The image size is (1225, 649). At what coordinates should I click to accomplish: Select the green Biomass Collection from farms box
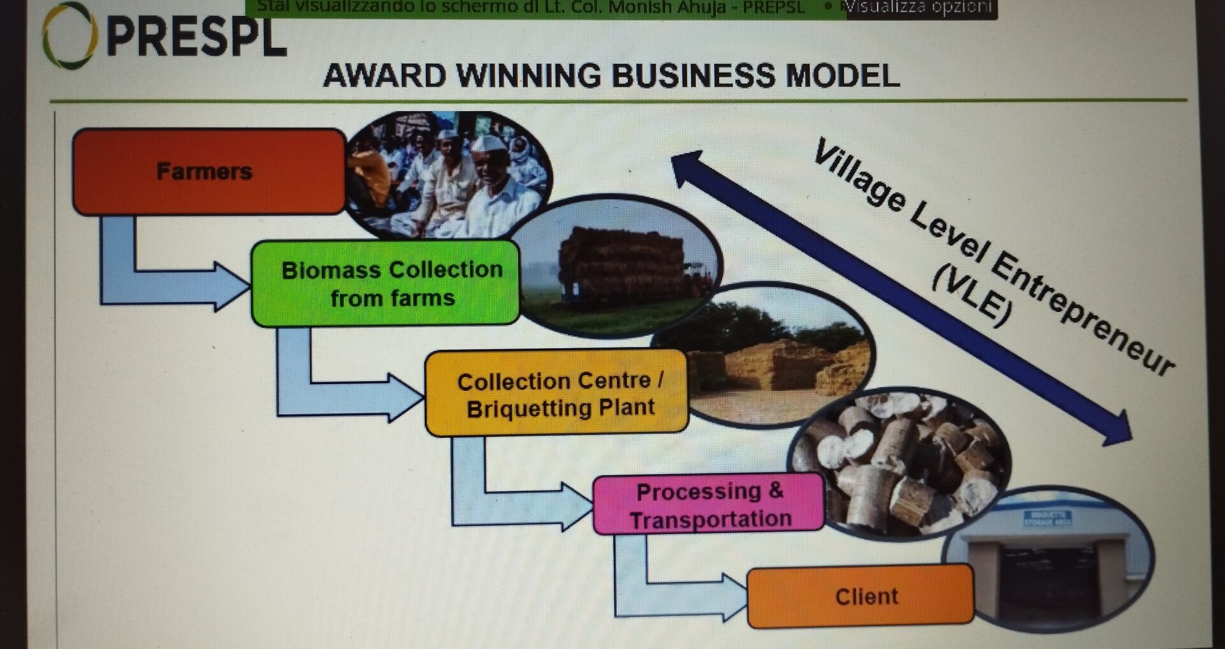tap(385, 283)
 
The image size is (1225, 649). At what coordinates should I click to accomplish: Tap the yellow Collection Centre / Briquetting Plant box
tap(556, 393)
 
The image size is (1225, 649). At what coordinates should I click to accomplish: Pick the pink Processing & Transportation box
tap(708, 504)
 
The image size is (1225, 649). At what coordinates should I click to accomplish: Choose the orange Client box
tap(860, 596)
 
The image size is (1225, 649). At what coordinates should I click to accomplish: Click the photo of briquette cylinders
tap(900, 463)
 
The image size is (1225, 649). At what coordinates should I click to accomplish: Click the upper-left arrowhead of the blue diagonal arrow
tap(689, 167)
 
